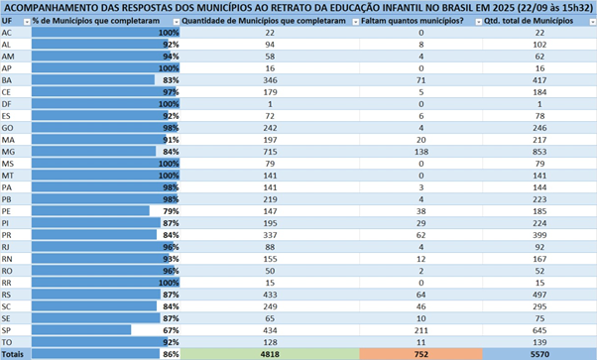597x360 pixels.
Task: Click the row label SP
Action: click(x=6, y=330)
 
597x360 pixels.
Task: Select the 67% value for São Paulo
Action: click(x=171, y=330)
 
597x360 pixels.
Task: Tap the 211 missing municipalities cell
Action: click(x=421, y=330)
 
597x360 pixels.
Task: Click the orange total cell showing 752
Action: click(x=421, y=354)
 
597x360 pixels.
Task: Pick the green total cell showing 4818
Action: click(x=270, y=354)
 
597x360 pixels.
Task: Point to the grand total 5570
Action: click(x=539, y=354)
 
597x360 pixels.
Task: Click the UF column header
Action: click(x=7, y=21)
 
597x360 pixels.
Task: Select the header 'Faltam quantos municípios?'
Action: click(x=413, y=21)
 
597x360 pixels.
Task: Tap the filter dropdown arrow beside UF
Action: click(x=27, y=22)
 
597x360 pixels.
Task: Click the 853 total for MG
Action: click(x=539, y=152)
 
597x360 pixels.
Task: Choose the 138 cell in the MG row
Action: click(x=421, y=152)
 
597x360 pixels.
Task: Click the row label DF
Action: click(x=6, y=104)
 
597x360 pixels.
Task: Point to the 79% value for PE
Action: click(x=171, y=211)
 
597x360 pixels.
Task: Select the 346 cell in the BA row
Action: click(x=270, y=80)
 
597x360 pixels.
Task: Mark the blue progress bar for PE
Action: click(x=90, y=211)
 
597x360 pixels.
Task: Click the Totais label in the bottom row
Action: click(x=13, y=354)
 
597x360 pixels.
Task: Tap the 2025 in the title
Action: click(x=502, y=8)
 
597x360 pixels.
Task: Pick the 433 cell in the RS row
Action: click(x=270, y=295)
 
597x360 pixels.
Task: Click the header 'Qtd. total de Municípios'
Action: click(x=529, y=21)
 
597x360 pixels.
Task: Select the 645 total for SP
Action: click(x=539, y=330)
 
